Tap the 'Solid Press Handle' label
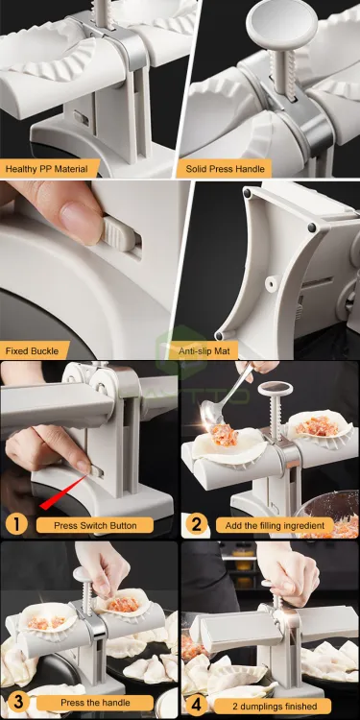point(225,169)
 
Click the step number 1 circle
point(16,524)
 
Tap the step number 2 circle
point(197,524)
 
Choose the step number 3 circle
point(16,703)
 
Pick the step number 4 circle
point(197,706)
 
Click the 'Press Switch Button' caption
point(95,525)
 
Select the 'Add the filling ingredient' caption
point(276,525)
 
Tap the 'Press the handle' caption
point(95,703)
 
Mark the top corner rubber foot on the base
point(248,194)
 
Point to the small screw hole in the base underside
point(274,279)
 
